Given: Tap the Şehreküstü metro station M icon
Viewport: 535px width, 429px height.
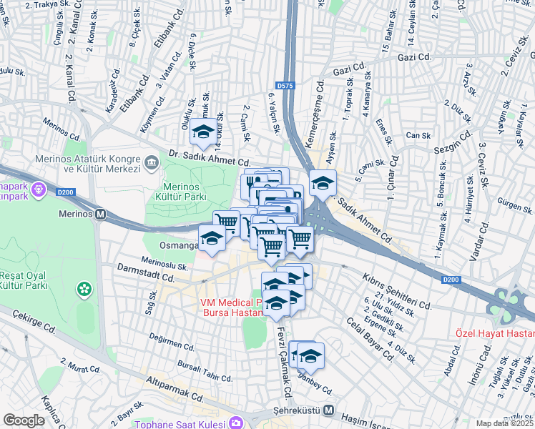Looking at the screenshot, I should (x=328, y=410).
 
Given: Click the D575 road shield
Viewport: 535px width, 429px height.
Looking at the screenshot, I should (x=285, y=86).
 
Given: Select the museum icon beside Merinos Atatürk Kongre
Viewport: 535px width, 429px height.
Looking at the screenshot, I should (x=152, y=163).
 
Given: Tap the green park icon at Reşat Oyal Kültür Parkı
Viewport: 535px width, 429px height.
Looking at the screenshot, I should (x=85, y=289).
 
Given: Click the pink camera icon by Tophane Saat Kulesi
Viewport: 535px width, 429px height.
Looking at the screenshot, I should (x=235, y=423).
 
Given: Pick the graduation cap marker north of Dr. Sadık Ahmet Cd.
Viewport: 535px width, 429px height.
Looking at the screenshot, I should (x=203, y=132).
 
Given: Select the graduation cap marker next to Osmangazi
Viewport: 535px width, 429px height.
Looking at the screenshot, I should (x=212, y=239).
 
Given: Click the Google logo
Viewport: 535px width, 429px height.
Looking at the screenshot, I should (x=24, y=420).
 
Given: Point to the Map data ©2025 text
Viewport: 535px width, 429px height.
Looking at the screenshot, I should (x=505, y=423).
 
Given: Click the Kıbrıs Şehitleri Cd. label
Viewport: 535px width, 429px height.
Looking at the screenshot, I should (x=397, y=290).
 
